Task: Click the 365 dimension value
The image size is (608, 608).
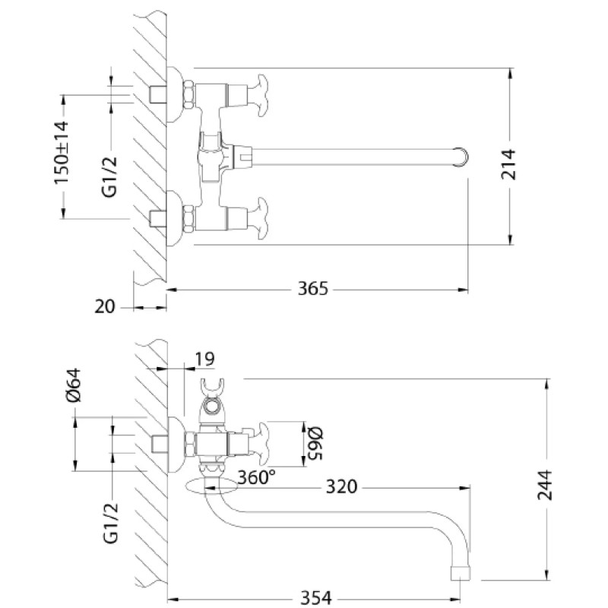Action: point(312,289)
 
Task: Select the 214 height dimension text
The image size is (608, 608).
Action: point(508,164)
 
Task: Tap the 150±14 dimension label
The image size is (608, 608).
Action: point(62,153)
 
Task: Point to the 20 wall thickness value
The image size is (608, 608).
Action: point(105,307)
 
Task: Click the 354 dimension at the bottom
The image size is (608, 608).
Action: point(316,598)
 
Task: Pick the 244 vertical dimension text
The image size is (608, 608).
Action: point(544,485)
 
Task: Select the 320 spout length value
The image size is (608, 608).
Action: point(341,486)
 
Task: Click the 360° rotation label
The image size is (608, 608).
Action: point(256,477)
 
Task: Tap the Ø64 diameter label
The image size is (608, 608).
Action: point(74,385)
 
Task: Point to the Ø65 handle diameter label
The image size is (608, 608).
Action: point(314,443)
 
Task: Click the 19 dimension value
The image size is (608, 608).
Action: point(204,359)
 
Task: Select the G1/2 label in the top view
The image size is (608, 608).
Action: point(109,177)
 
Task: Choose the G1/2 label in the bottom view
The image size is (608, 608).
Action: point(110,522)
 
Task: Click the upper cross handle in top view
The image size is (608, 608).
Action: point(258,96)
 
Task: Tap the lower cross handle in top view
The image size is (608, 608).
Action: point(258,219)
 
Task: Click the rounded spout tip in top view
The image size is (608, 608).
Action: point(461,157)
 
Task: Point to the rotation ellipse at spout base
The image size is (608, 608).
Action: point(212,486)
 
